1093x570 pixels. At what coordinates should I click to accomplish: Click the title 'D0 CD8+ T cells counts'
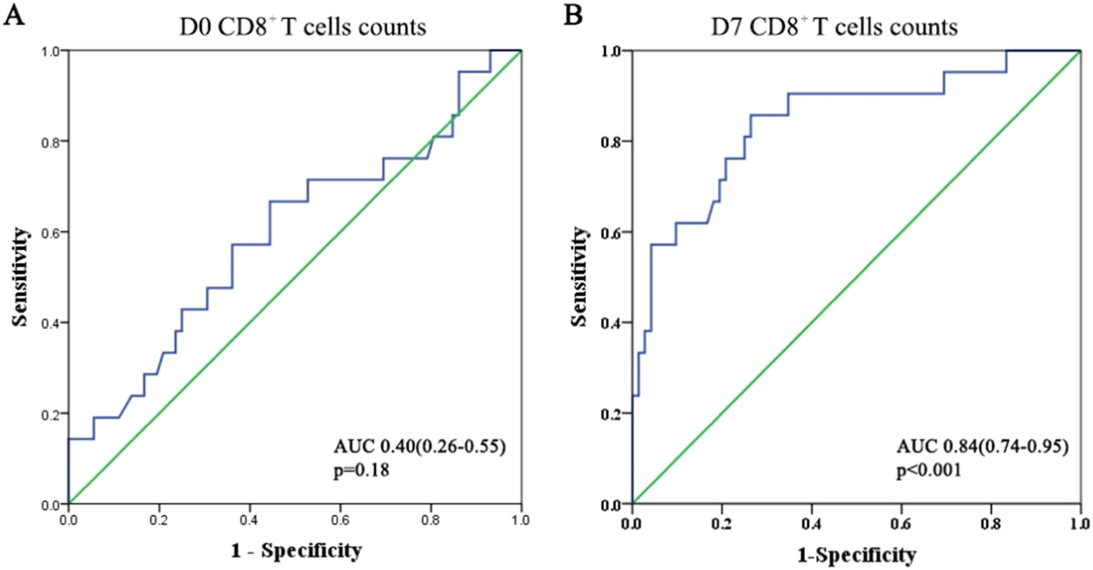(x=303, y=27)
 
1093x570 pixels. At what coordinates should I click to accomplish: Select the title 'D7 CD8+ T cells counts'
(x=834, y=27)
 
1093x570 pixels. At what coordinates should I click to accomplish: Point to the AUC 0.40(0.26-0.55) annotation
(x=419, y=447)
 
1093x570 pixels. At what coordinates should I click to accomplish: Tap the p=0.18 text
(x=361, y=470)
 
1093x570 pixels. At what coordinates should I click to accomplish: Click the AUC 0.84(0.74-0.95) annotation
(x=982, y=447)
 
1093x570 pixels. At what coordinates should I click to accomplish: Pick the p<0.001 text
(x=929, y=470)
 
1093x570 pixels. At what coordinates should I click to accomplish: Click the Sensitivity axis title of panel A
(x=20, y=277)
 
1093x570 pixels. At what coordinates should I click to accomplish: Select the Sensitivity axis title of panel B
(x=579, y=277)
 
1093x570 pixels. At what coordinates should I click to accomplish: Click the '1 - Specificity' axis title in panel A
(x=296, y=551)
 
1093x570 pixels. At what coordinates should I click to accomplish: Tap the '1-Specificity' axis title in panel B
(x=856, y=555)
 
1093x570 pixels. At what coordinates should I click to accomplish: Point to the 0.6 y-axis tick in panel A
(x=50, y=232)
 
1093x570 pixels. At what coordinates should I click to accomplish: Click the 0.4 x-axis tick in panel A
(x=250, y=521)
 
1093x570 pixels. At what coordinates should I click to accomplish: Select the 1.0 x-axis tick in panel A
(x=521, y=521)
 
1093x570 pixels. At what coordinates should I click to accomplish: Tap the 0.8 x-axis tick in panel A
(x=431, y=521)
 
